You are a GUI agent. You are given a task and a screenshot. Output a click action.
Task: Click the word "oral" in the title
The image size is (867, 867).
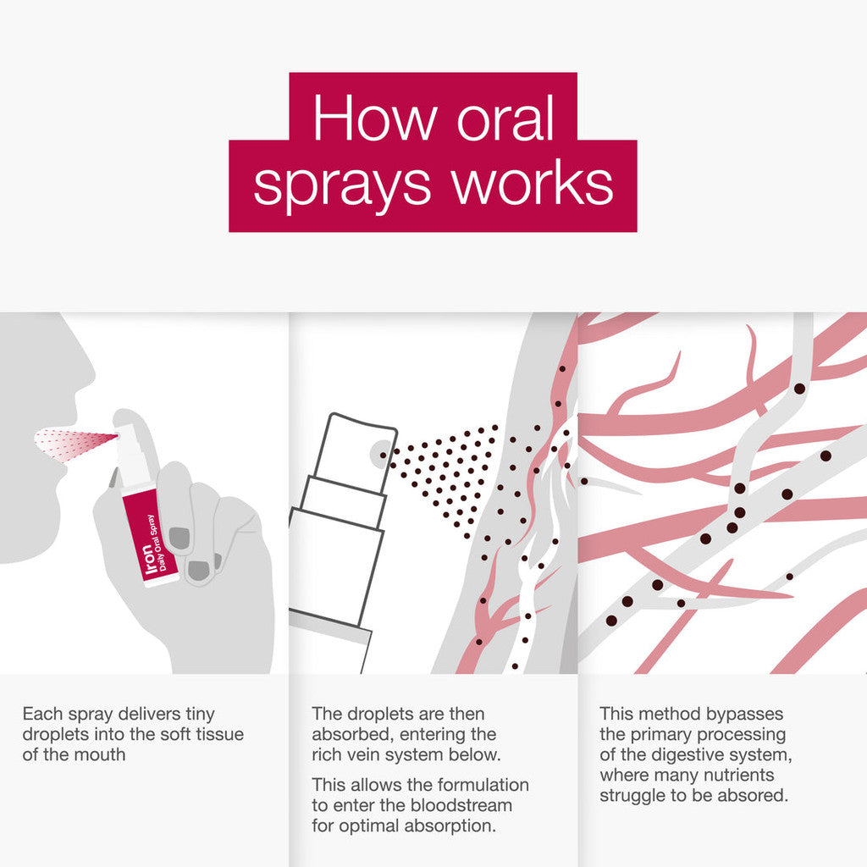coord(505,119)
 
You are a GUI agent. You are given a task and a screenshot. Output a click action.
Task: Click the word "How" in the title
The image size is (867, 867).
coord(373,119)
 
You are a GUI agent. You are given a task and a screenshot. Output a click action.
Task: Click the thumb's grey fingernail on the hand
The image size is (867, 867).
coord(179,536)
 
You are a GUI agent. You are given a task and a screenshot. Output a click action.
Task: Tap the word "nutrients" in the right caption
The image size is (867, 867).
coord(741,775)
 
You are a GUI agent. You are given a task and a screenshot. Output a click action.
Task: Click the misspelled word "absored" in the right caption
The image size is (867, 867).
coord(759,796)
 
